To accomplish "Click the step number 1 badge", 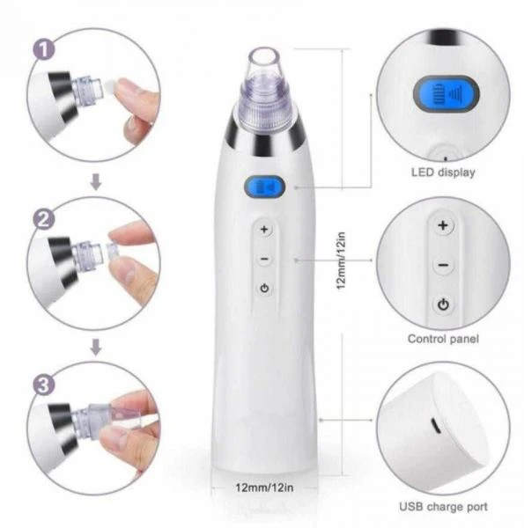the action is [44, 50].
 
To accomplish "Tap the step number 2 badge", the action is [44, 219].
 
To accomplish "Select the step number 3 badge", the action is [44, 385].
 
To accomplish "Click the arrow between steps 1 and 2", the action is [96, 181].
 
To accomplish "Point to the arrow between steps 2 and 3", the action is [96, 347].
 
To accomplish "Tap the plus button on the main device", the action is [264, 230].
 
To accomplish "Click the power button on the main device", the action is [264, 289].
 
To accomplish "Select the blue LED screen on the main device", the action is [264, 187].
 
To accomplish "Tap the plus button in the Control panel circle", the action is [443, 225].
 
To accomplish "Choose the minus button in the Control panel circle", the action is [443, 266].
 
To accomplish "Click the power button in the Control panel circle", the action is [443, 304].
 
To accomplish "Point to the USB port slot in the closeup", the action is [435, 425].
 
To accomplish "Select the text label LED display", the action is [443, 172].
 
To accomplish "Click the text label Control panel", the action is [443, 339].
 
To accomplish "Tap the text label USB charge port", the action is [443, 507].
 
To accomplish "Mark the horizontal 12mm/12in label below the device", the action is [264, 488].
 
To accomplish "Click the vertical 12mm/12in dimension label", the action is [341, 260].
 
